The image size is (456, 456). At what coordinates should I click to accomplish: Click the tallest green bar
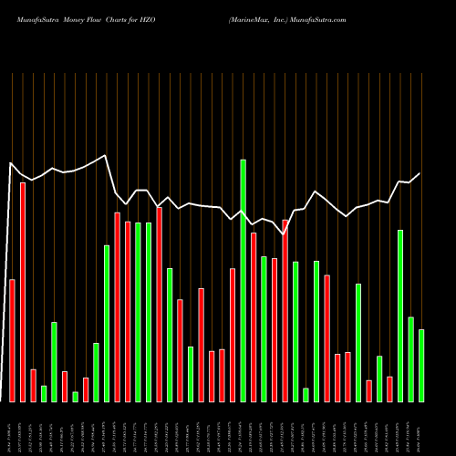pos(244,281)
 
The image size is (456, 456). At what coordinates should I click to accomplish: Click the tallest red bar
pos(23,292)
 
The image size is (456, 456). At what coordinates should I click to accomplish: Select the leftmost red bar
pos(12,340)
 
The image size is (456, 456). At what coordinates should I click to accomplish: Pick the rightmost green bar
pos(421,365)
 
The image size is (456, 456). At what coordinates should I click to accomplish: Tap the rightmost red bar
pos(389,389)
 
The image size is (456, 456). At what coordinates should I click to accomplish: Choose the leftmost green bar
pos(44,393)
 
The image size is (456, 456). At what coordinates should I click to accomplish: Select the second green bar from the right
pos(411,358)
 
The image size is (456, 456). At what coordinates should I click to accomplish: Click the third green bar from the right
pos(400,316)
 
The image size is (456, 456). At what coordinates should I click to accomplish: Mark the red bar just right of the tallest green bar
pos(254,316)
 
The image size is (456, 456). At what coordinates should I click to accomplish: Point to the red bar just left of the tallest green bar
pos(233,335)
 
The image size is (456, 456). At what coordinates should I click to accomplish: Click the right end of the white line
pos(420,173)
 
